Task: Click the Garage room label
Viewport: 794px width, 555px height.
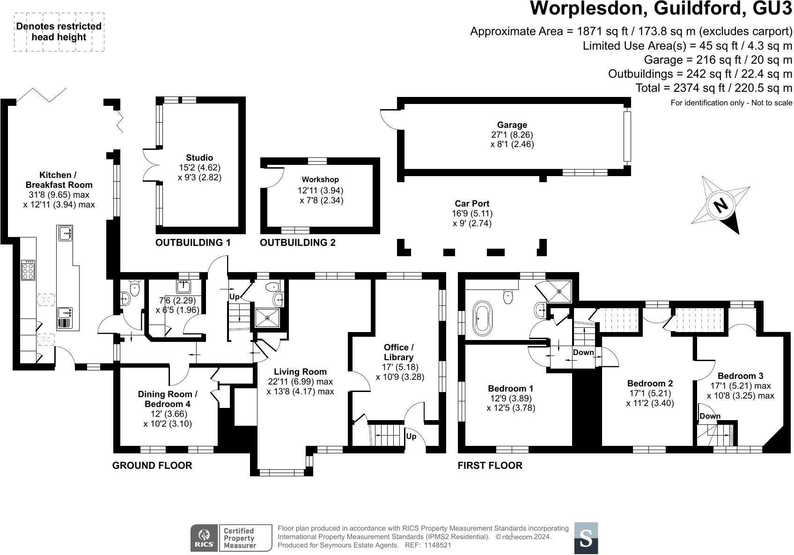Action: (x=512, y=125)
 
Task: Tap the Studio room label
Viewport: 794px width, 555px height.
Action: (x=199, y=158)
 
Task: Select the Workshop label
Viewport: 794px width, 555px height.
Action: (x=320, y=179)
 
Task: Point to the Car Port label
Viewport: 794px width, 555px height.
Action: (x=472, y=204)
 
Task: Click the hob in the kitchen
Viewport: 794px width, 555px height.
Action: (x=28, y=270)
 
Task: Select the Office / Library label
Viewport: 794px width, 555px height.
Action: (x=398, y=352)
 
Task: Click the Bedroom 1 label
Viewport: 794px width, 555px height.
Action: (x=510, y=388)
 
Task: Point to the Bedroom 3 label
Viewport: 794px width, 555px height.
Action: (x=740, y=376)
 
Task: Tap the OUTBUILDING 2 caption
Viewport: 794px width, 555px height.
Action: (x=298, y=243)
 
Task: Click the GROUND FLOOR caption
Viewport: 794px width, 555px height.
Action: (x=152, y=465)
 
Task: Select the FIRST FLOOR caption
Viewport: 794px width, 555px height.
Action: (x=490, y=465)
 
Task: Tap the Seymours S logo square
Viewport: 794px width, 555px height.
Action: (x=586, y=538)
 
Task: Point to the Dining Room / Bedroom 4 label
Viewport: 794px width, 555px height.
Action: (x=168, y=399)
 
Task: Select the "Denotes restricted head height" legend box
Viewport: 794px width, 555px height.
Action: (x=59, y=32)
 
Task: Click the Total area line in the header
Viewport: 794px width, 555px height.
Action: (x=713, y=88)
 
